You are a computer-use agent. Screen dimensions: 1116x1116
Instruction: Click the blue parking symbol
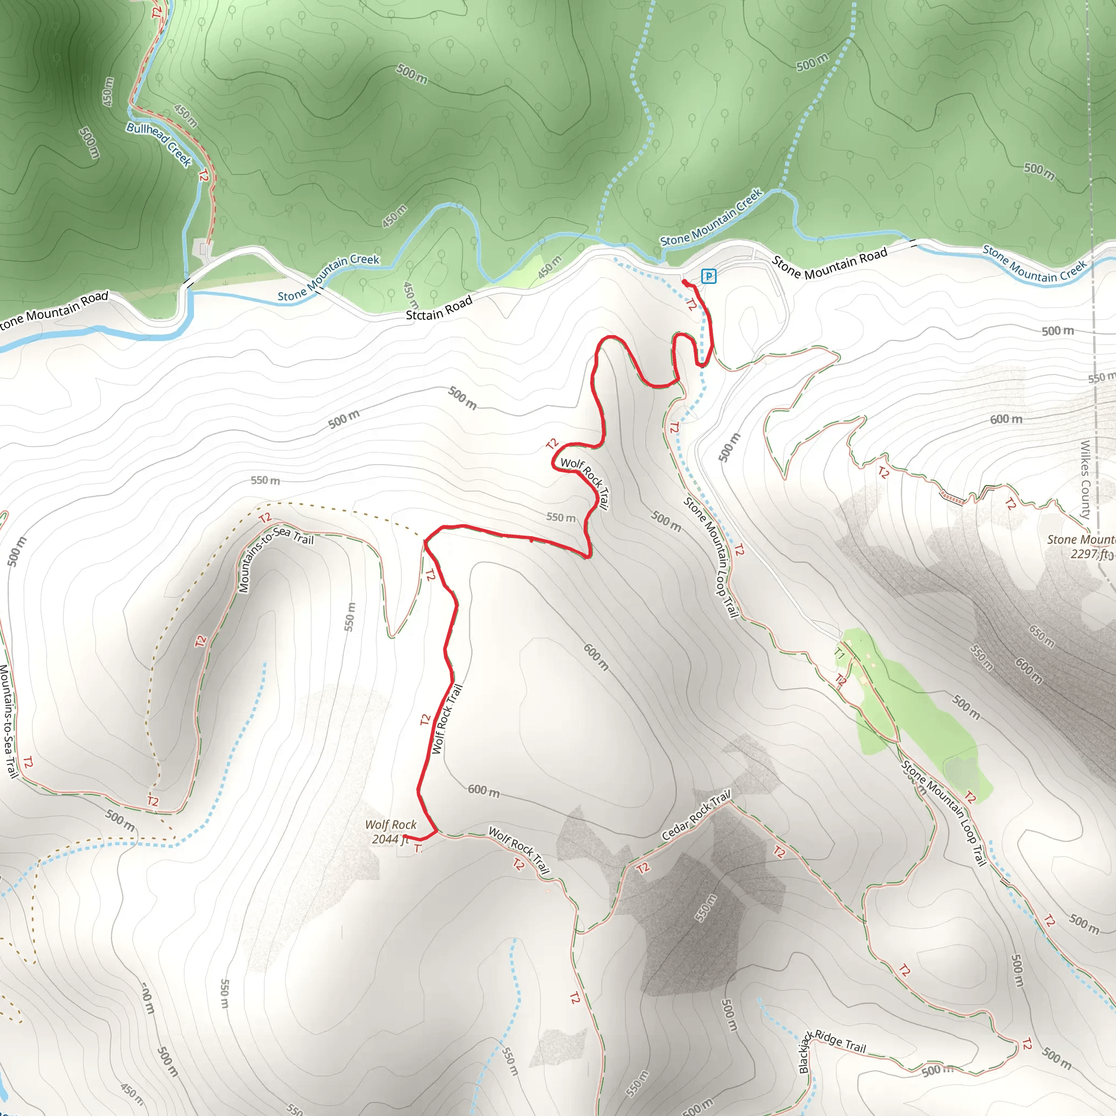point(708,276)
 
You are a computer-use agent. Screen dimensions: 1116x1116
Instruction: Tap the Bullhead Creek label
point(159,144)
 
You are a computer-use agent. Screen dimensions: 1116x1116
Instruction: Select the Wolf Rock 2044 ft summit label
point(391,832)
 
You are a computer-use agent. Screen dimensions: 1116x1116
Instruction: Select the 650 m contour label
point(1041,635)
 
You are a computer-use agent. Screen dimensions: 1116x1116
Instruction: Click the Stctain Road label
point(439,308)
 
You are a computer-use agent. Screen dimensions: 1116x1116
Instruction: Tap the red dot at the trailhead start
point(684,282)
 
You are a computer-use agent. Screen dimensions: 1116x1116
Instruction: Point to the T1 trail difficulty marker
point(840,654)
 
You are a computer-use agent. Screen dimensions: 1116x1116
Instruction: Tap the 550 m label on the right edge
point(1101,378)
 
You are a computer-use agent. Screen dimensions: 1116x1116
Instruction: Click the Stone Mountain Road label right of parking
point(829,264)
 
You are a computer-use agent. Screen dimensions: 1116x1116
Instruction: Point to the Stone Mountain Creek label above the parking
point(711,218)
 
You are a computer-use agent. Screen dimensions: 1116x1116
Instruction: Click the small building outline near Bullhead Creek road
point(204,249)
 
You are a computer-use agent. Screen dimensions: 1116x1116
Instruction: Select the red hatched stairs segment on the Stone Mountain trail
point(952,498)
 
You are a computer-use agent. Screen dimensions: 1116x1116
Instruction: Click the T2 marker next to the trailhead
point(692,304)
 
